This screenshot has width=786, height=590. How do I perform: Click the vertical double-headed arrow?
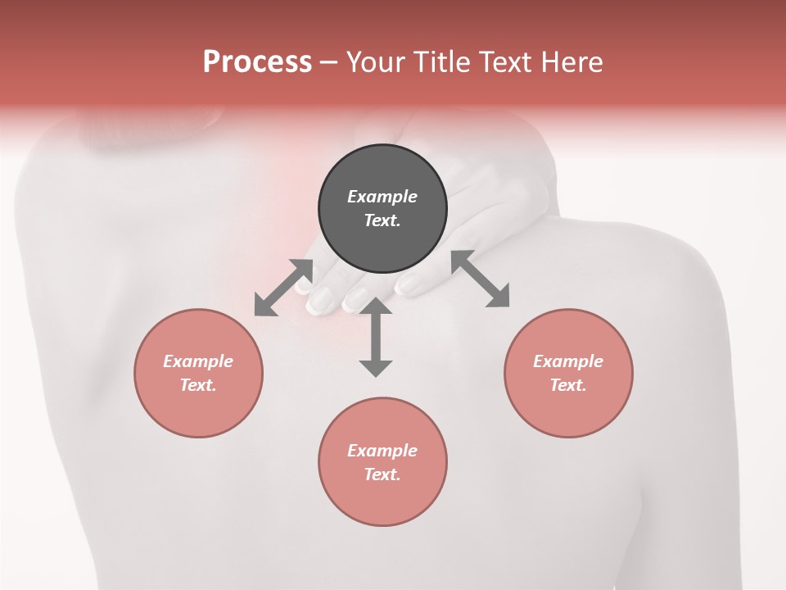tap(376, 338)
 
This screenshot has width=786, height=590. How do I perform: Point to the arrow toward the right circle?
tap(480, 279)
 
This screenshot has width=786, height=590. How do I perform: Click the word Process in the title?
tap(257, 62)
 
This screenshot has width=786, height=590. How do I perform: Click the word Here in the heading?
tap(571, 62)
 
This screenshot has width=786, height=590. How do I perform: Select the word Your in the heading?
tap(376, 62)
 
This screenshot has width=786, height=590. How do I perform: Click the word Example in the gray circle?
tap(382, 197)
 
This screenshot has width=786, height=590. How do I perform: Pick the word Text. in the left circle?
tap(198, 385)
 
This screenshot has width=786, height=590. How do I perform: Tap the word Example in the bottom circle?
tap(382, 451)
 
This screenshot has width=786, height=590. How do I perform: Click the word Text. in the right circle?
tap(568, 385)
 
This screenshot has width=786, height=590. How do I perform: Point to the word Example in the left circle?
tap(198, 361)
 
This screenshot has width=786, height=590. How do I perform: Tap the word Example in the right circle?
tap(568, 361)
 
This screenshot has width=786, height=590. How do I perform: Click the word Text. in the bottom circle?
tap(382, 474)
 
